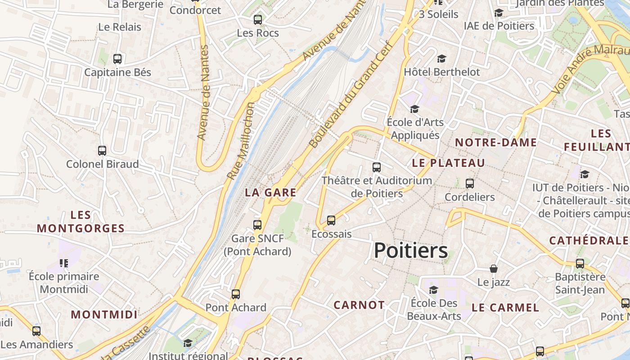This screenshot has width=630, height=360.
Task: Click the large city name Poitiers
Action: pos(410,251)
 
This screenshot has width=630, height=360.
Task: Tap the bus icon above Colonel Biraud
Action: pos(102,151)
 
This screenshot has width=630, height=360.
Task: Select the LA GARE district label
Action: pos(270,193)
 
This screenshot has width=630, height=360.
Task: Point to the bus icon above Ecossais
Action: pos(331,220)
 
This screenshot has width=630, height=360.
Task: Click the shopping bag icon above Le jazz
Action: pos(494,269)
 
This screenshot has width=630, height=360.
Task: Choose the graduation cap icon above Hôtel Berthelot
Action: pos(441,58)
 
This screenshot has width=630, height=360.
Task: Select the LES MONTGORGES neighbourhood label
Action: pos(81,222)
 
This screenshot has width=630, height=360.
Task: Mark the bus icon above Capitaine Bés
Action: pos(117,59)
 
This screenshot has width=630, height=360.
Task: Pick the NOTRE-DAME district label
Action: pos(496,143)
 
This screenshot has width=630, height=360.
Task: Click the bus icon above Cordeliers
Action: pos(470,184)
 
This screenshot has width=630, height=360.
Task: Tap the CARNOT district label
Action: pos(359,305)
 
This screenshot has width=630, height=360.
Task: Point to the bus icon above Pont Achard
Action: pos(236,294)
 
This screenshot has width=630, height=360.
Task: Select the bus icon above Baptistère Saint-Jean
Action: pos(580,264)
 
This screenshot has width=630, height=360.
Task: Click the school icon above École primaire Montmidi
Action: pos(63,263)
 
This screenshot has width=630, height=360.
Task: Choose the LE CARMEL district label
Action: pos(505,308)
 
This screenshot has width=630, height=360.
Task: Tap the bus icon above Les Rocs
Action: pos(258,20)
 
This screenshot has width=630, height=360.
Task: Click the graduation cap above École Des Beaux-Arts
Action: pos(433,290)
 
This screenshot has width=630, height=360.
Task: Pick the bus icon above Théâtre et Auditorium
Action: pos(377,167)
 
